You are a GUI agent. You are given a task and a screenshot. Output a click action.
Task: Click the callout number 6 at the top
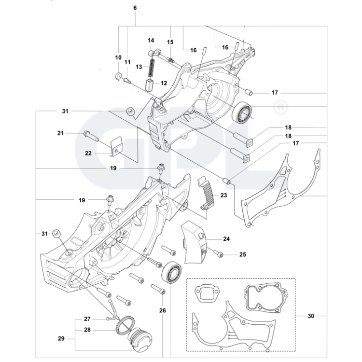point(135,8)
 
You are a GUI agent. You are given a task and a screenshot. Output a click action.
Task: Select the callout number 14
point(151,40)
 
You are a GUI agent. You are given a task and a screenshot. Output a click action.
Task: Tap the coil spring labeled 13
point(151,67)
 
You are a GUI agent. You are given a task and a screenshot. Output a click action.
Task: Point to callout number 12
point(164,83)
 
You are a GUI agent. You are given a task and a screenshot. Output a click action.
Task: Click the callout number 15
point(170,42)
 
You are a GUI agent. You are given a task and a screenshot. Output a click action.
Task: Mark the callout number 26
point(162,310)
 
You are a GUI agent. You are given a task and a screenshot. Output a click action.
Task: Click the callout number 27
point(87,319)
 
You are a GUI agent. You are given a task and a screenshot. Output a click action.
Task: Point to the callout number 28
point(87,330)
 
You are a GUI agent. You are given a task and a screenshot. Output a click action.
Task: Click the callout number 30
point(310,316)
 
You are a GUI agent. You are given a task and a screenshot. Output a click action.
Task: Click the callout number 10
point(118,57)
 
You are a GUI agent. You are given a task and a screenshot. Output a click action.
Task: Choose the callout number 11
point(127,62)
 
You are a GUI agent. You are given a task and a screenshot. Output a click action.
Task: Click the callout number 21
point(60,133)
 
